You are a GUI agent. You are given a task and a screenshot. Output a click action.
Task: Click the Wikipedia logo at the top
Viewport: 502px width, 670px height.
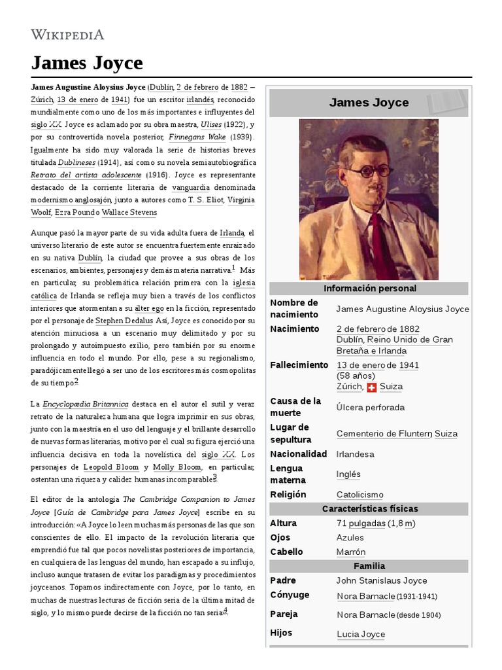[67, 35]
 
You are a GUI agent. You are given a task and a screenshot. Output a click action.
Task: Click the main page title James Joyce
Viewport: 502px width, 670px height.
[87, 63]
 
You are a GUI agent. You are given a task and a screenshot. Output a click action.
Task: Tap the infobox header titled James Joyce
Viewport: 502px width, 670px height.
[369, 103]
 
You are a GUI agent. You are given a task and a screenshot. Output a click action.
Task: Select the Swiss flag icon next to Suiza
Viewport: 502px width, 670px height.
[371, 387]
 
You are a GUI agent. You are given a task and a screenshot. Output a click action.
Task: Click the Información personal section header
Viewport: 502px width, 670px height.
[369, 289]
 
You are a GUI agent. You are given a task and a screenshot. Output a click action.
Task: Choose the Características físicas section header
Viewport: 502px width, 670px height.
[369, 509]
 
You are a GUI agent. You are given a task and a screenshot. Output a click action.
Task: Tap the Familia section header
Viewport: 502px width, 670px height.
[369, 566]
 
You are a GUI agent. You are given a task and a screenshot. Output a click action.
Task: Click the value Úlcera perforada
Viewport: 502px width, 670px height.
[371, 408]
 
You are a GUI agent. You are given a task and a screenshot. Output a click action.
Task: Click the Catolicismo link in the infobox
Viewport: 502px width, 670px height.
[360, 495]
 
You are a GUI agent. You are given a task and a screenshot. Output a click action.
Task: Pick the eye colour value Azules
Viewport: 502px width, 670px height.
[350, 538]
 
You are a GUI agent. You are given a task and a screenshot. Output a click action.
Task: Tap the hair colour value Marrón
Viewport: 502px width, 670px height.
[351, 552]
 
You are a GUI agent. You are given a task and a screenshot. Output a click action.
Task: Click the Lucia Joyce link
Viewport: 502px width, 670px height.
[361, 634]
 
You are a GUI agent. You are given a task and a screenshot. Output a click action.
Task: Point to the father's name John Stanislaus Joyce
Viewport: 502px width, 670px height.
[381, 580]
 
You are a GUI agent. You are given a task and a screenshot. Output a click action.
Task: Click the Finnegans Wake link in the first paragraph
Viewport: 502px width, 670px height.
[197, 137]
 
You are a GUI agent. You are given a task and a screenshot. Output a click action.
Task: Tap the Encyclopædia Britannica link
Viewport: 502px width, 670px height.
[85, 404]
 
